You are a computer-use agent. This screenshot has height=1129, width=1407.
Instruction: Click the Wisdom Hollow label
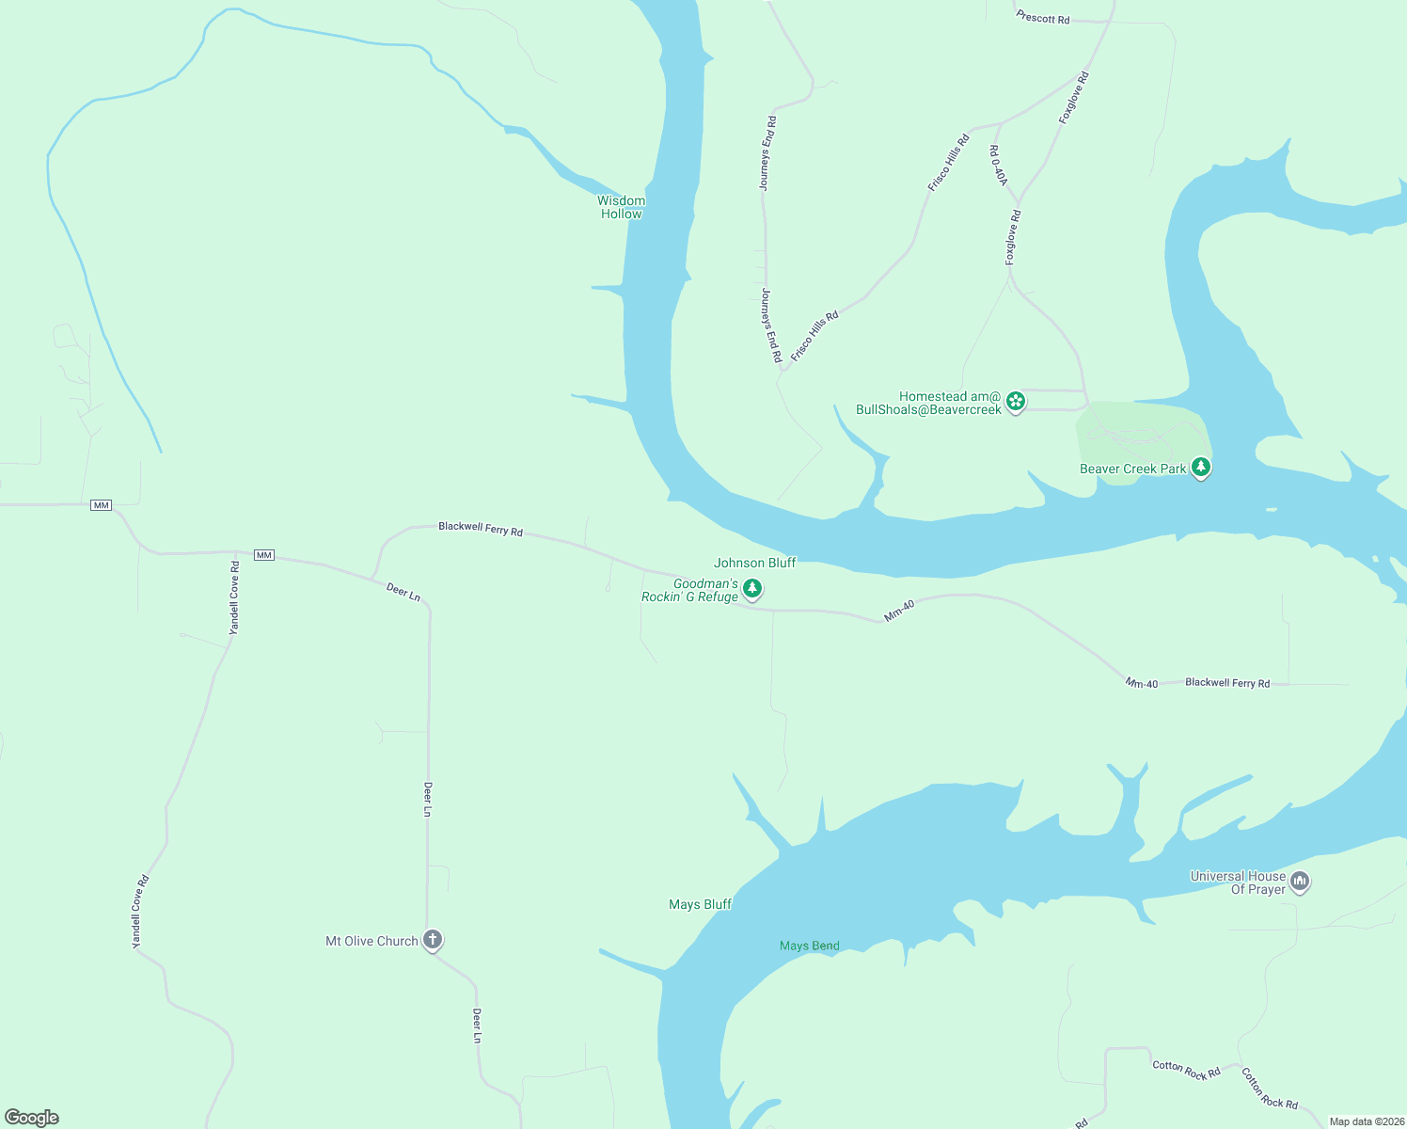[x=621, y=207]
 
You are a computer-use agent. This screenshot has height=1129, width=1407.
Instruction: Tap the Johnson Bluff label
[x=754, y=563]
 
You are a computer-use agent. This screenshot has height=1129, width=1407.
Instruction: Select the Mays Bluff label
[x=700, y=904]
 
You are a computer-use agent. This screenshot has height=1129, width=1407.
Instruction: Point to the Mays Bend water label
[x=809, y=946]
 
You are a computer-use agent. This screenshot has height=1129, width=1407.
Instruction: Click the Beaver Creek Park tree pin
[x=1200, y=467]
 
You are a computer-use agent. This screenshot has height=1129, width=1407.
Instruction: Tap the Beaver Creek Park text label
[x=1132, y=469]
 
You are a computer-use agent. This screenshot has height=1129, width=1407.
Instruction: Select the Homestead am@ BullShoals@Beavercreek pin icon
[x=1015, y=402]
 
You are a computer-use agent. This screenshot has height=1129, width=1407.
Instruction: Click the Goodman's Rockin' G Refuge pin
[x=751, y=589]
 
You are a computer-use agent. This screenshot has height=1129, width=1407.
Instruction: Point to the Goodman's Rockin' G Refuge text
[x=690, y=591]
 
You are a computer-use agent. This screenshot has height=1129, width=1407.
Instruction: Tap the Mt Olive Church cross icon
[x=432, y=939]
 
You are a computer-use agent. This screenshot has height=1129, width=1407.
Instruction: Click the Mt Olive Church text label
[x=372, y=941]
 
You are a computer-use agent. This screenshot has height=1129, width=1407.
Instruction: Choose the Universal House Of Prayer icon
[x=1300, y=882]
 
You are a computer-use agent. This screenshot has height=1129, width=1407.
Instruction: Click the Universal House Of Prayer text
[x=1238, y=883]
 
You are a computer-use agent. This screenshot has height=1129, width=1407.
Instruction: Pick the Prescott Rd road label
[x=1043, y=18]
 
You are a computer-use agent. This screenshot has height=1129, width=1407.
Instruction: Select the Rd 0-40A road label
[x=998, y=166]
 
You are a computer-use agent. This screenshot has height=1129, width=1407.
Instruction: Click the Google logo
[x=32, y=1118]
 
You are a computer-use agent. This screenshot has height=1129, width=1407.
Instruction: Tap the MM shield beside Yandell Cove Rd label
[x=264, y=555]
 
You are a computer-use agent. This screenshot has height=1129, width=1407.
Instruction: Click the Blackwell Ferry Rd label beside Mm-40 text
[x=1227, y=683]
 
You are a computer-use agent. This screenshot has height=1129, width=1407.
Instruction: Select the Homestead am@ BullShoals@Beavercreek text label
[x=928, y=403]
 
